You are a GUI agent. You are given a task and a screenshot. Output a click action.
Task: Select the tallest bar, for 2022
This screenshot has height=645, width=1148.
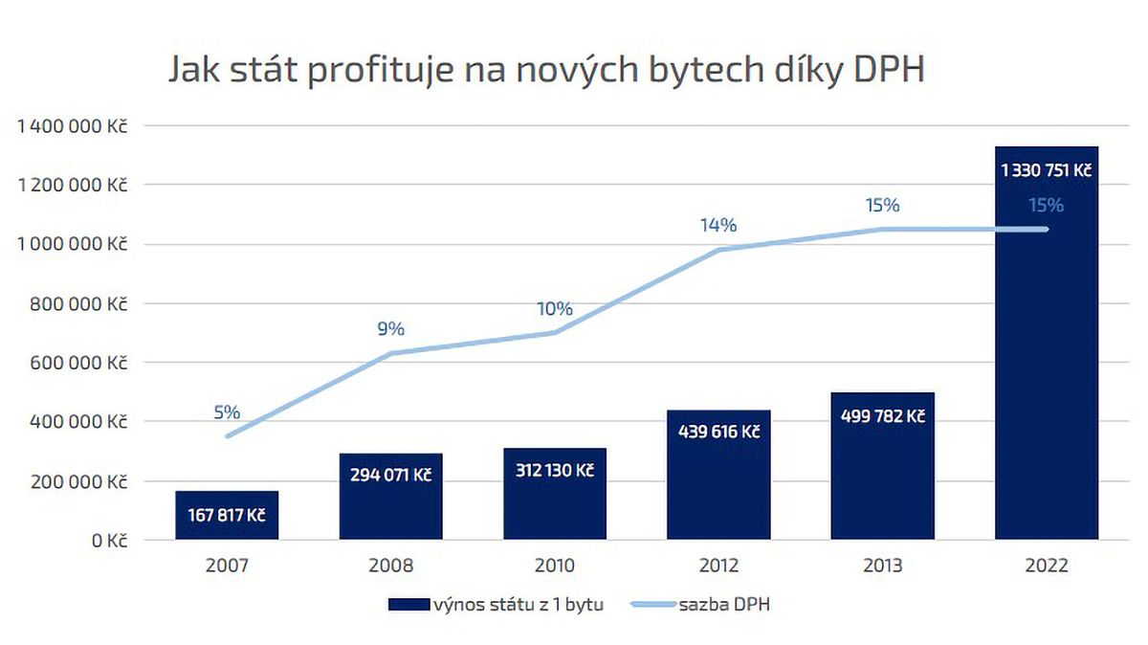[1046, 364]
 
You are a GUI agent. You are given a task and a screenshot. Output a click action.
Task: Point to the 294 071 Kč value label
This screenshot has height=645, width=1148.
[390, 475]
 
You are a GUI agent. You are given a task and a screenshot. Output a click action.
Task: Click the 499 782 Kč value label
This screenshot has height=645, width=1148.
[882, 416]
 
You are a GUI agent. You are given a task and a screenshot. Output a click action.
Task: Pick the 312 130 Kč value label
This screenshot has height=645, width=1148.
[555, 470]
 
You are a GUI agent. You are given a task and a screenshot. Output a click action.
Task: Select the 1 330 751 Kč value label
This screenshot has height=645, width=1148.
[1046, 171]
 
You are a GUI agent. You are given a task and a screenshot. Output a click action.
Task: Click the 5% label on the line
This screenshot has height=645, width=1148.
[227, 412]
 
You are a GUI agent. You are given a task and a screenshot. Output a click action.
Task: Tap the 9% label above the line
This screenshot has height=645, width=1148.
[390, 329]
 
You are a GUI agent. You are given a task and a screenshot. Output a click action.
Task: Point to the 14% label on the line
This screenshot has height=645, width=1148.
[718, 226]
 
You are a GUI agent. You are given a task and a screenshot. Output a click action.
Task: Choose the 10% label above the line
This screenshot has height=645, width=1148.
[555, 309]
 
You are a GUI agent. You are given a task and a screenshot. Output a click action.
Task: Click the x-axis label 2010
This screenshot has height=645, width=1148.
[555, 566]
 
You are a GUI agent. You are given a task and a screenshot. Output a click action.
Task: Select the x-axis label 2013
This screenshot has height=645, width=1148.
[882, 566]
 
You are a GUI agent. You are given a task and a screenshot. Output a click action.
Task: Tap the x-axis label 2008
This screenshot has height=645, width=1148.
[390, 566]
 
